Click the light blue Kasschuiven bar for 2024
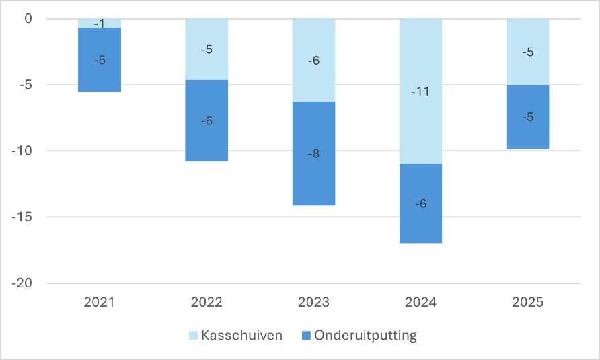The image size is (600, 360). [x=420, y=91]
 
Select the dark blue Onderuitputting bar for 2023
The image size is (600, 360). [x=313, y=153]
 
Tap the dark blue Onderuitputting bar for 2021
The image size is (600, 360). [x=100, y=60]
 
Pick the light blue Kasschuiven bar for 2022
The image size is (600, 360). [x=207, y=49]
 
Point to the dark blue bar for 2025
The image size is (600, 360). [x=527, y=117]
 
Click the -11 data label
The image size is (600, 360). [x=420, y=91]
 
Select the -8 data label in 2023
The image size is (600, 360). [x=313, y=154]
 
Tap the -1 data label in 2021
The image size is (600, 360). [x=100, y=24]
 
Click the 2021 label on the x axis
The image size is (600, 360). [x=100, y=303]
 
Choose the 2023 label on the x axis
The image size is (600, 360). [x=313, y=303]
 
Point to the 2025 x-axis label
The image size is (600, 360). [x=527, y=303]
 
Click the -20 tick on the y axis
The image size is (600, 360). [x=22, y=283]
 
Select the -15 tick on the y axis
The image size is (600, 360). [x=22, y=217]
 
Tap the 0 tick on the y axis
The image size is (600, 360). [x=28, y=18]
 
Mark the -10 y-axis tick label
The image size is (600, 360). [x=22, y=151]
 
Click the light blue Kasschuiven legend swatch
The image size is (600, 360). [x=193, y=336]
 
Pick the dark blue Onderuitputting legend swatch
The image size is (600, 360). [x=306, y=336]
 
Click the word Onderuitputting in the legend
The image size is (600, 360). [x=365, y=336]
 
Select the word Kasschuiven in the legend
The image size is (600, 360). [x=242, y=336]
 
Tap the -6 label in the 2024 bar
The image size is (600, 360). [x=420, y=203]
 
